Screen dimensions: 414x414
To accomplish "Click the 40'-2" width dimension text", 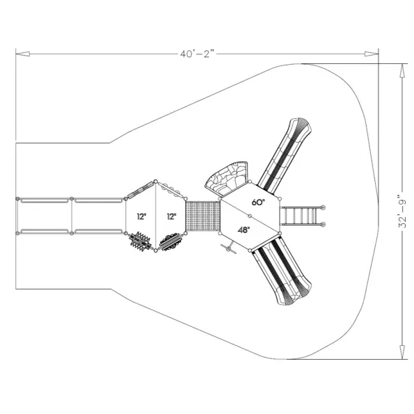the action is (197, 54).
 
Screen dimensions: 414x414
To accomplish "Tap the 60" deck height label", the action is (258, 202).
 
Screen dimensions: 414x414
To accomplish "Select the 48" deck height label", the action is (244, 230).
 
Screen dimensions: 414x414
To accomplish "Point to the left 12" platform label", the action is (141, 216).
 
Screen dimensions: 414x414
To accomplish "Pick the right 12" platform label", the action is (171, 216).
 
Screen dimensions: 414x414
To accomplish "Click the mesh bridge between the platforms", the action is (202, 216).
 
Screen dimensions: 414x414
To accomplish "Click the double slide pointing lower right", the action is (281, 271).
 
